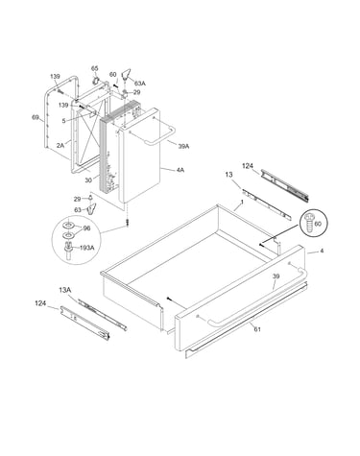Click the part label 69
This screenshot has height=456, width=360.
36,117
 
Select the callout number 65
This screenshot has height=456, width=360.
94,68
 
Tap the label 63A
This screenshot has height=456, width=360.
140,84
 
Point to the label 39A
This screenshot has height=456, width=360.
183,146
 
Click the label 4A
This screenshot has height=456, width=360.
180,170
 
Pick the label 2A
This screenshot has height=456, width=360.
60,145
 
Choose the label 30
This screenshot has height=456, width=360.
88,180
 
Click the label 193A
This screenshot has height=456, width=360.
87,248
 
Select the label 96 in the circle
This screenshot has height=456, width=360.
86,228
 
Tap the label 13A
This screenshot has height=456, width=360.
64,290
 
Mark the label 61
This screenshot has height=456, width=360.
257,328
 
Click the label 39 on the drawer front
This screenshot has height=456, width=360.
276,276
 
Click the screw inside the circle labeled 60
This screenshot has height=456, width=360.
309,223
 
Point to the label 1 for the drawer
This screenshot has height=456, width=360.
242,203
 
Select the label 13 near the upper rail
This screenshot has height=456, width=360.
228,175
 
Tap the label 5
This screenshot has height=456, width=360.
63,121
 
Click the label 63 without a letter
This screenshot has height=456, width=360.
78,210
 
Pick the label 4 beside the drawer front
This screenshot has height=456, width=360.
322,251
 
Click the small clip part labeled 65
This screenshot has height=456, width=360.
96,81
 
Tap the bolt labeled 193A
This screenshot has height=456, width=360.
68,251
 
